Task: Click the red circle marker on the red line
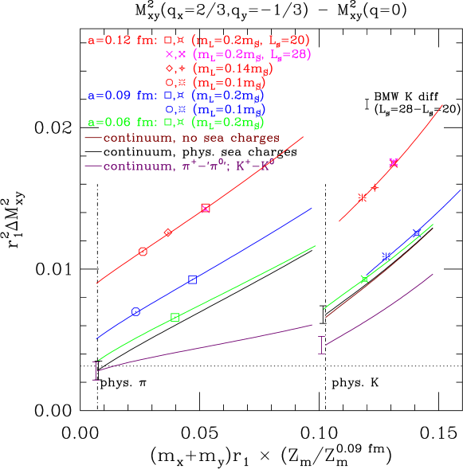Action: tap(143, 252)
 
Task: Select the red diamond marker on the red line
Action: tap(168, 233)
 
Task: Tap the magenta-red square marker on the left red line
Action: tap(206, 208)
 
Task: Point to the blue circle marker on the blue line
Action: tap(135, 311)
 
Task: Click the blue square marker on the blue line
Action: tap(192, 279)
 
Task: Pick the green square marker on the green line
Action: tap(175, 317)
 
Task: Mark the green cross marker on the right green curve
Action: tap(364, 279)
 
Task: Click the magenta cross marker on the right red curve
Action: tap(393, 162)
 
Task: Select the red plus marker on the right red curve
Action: tap(375, 188)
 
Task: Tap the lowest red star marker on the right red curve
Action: tap(362, 197)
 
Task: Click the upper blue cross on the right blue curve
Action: tap(417, 233)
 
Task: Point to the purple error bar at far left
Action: tap(96, 370)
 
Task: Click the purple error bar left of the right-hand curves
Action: tap(322, 345)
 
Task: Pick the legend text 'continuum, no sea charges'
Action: tap(191, 138)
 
